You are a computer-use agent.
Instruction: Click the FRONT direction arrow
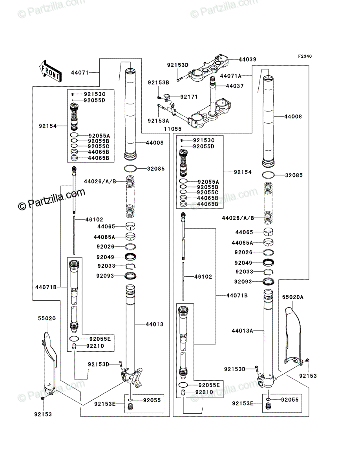point(50,71)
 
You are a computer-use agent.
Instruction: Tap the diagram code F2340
point(305,56)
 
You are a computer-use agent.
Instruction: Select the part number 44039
point(247,59)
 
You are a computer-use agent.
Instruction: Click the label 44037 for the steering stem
point(235,86)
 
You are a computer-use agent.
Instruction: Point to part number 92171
point(189,97)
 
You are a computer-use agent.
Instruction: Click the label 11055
point(173,129)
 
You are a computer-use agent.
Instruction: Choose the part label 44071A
point(230,76)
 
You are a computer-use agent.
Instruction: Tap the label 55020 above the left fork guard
point(47,318)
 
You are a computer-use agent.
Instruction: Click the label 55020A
point(292,297)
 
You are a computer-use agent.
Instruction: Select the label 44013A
point(242,331)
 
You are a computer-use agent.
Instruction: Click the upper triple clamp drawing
point(208,68)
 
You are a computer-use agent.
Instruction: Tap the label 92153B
point(159,82)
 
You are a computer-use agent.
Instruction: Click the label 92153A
point(158,121)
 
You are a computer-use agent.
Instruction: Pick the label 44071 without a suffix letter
point(80,73)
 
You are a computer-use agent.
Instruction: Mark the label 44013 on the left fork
point(154,324)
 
